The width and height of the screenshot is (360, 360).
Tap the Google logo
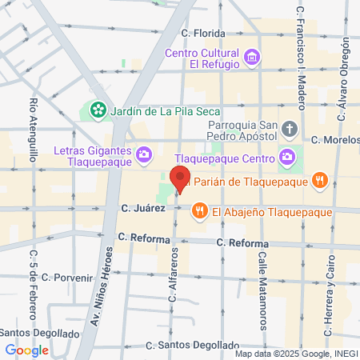click(x=26, y=350)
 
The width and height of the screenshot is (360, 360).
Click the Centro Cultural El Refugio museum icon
click(x=253, y=57)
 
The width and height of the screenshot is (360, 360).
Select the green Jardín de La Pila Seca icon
click(x=98, y=109)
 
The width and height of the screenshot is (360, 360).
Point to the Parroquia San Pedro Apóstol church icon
click(x=289, y=127)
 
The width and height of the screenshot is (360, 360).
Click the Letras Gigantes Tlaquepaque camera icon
click(x=144, y=153)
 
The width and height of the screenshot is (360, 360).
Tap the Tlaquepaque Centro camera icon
click(x=287, y=156)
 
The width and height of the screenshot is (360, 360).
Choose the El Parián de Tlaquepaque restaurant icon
click(x=319, y=179)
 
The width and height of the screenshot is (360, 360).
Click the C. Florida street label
click(x=203, y=34)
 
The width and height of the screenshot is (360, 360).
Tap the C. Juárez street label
click(x=143, y=208)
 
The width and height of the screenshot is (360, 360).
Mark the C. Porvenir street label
click(x=69, y=278)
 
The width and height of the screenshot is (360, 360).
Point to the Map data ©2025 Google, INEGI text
click(x=296, y=353)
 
